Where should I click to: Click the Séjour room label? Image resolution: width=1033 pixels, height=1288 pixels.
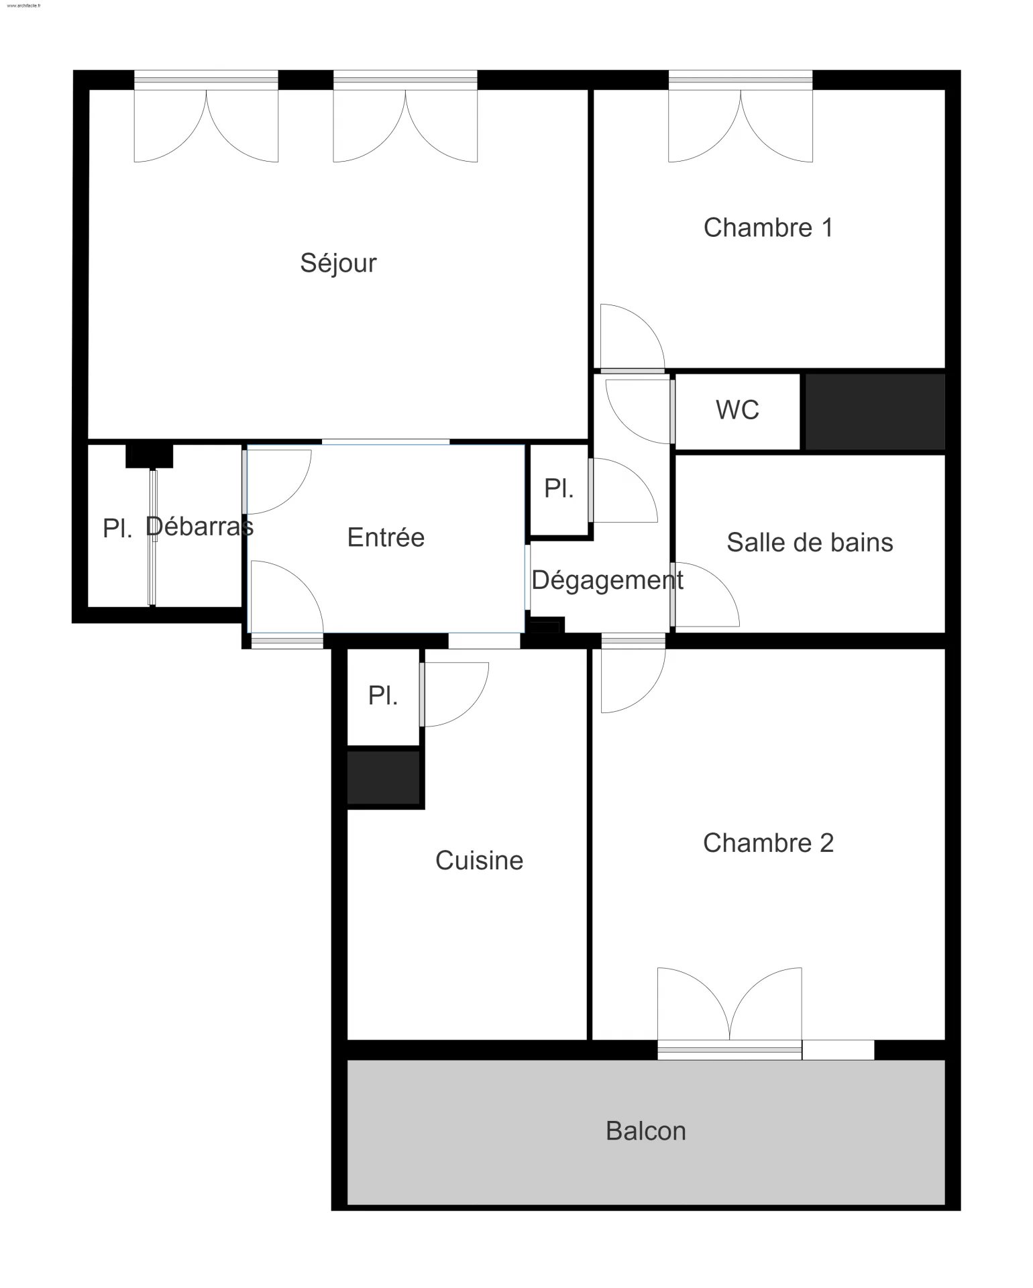pos(338,263)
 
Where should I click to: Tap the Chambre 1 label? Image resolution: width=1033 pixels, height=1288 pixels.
pos(768,228)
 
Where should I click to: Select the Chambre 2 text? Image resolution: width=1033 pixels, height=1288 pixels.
pos(768,843)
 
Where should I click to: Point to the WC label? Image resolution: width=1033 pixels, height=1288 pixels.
pos(737,410)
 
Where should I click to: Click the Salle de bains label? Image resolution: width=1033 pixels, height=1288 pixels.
pos(810,543)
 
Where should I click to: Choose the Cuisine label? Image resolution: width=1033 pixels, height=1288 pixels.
pos(479,861)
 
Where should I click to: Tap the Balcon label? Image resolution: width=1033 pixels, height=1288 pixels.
pos(645,1132)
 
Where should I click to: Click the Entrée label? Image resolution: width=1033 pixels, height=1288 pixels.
pos(386,537)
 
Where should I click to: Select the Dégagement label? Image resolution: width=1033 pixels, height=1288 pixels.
pos(607,580)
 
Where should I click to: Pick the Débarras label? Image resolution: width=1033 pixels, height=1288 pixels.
pos(199,527)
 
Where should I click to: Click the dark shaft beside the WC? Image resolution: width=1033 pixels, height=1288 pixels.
pos(875,411)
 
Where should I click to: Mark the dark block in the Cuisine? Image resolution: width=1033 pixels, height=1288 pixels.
pos(384,777)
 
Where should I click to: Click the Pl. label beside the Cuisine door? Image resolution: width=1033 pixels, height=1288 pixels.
pos(383,696)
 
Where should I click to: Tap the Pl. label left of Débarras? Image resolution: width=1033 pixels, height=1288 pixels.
pos(117,529)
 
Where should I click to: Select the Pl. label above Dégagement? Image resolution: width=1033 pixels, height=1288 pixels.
pos(559,488)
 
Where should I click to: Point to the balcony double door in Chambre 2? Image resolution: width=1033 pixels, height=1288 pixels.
pos(729,1013)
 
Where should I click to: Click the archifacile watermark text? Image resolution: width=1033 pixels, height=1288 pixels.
pos(23,5)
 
